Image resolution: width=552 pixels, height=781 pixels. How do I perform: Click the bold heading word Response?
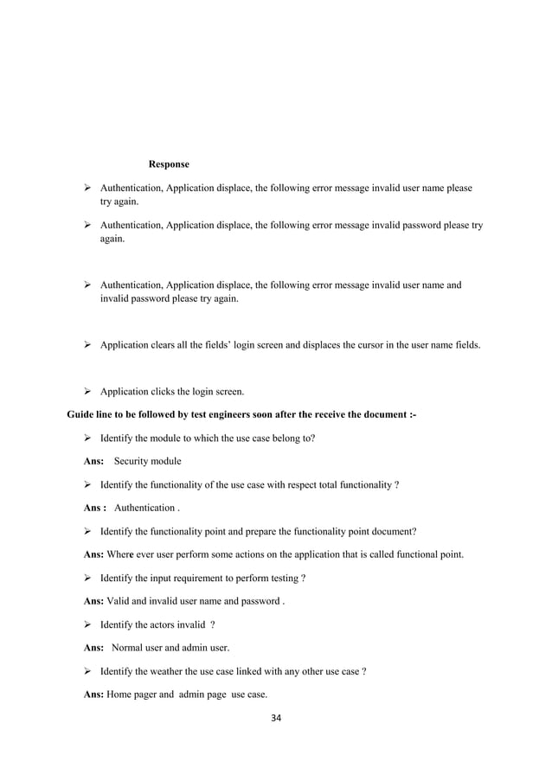(x=169, y=163)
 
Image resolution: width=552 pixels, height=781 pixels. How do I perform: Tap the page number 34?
(x=276, y=718)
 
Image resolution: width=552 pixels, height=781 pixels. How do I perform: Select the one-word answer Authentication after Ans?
(x=144, y=508)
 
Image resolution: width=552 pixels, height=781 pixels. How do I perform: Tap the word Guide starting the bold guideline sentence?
(x=81, y=414)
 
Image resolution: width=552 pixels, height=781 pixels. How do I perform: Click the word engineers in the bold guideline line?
(x=239, y=414)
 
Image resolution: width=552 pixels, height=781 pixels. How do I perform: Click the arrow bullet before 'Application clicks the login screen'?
(x=87, y=391)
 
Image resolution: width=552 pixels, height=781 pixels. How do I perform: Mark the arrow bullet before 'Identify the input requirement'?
(x=87, y=578)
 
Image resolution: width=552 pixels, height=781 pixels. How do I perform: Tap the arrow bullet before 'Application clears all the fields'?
(x=87, y=344)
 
